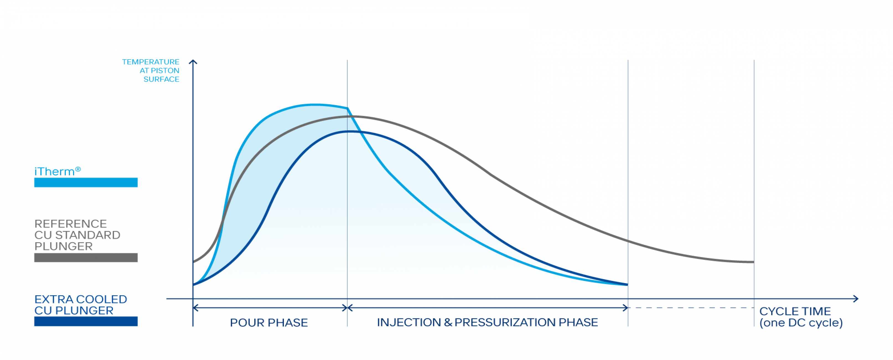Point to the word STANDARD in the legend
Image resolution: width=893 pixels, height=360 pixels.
[88, 235]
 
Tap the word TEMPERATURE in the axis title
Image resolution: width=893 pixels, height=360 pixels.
[151, 62]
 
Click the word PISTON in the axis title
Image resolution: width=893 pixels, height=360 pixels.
[165, 71]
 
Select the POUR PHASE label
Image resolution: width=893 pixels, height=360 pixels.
[269, 323]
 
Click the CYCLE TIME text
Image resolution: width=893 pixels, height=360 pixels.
[795, 312]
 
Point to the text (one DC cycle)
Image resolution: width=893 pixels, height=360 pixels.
[801, 323]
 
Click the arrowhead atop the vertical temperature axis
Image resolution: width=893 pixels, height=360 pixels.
[193, 62]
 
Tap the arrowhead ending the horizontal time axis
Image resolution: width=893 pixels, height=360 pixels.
[856, 299]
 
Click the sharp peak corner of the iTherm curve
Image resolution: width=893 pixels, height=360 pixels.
[347, 108]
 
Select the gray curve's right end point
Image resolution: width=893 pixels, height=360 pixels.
[753, 262]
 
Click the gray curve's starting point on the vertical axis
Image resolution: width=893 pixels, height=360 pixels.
[193, 262]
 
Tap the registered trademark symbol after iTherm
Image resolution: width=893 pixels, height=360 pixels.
[78, 169]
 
